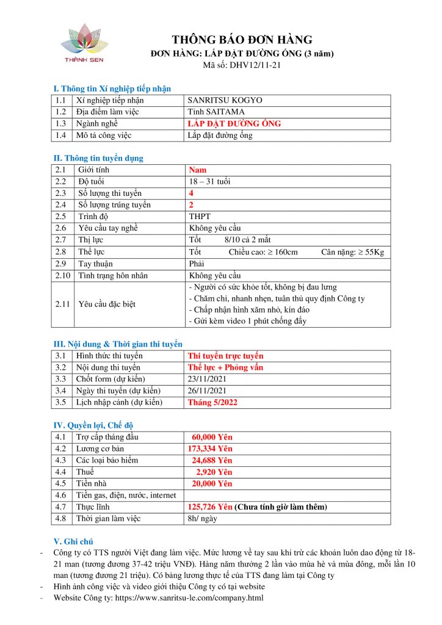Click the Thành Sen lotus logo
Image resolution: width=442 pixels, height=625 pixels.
(x=84, y=42)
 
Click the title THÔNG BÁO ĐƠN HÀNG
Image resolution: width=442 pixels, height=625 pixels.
(x=242, y=40)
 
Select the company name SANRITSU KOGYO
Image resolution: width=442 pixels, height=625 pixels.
(x=225, y=101)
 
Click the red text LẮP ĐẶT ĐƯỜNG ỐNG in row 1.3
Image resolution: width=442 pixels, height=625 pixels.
(x=234, y=123)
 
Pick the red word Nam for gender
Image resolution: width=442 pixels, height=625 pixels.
(x=198, y=170)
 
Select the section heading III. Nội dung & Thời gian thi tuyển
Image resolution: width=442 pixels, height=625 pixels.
(x=118, y=344)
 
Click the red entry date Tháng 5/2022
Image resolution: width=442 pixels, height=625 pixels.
(x=212, y=402)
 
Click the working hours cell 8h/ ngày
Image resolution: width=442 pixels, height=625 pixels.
(x=203, y=519)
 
